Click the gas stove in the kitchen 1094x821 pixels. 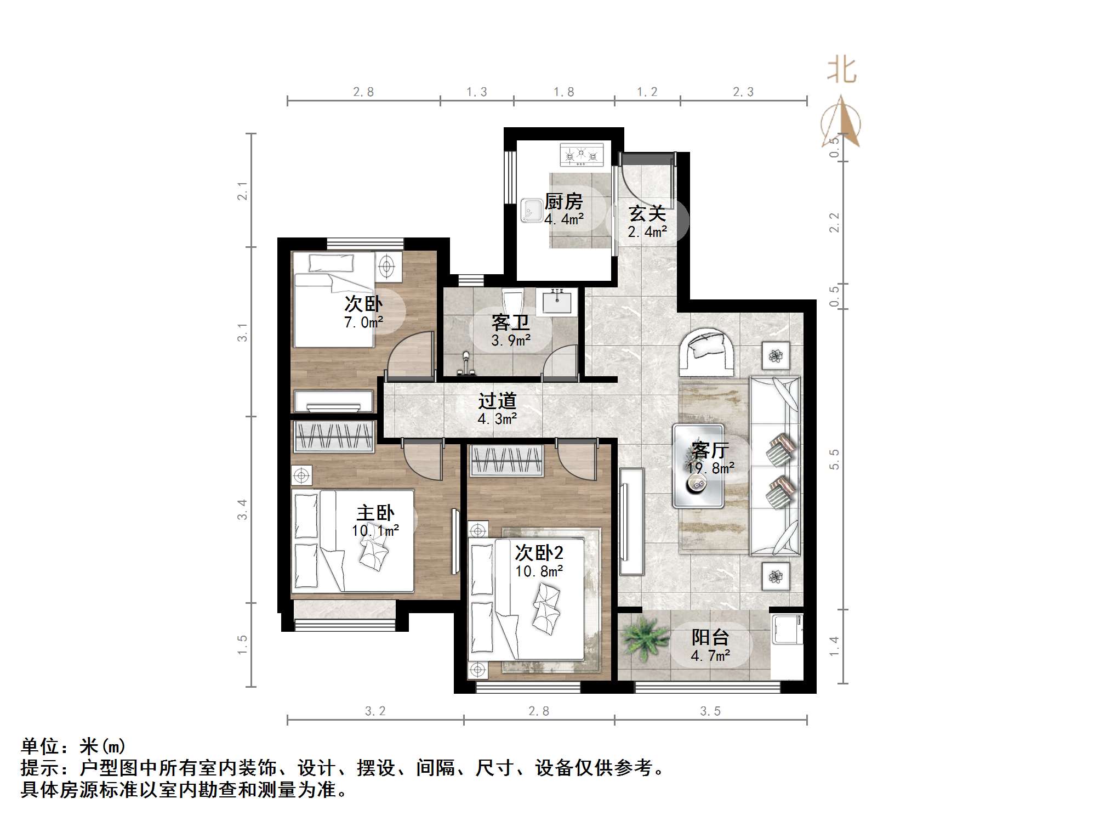pos(582,155)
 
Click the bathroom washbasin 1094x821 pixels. pos(556,302)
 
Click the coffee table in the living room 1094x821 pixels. pos(698,466)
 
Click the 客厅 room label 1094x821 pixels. pos(710,450)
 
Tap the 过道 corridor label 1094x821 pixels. pos(497,401)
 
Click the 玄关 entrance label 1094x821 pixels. pos(647,213)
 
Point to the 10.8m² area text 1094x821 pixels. pos(539,571)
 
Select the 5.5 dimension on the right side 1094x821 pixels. pos(834,459)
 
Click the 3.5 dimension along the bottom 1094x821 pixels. pos(710,711)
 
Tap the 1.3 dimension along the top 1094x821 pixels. pos(476,92)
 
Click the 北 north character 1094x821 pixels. pos(841,70)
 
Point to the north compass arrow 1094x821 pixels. pos(841,121)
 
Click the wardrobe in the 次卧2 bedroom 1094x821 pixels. pos(506,461)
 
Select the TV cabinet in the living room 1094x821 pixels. pos(632,521)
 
